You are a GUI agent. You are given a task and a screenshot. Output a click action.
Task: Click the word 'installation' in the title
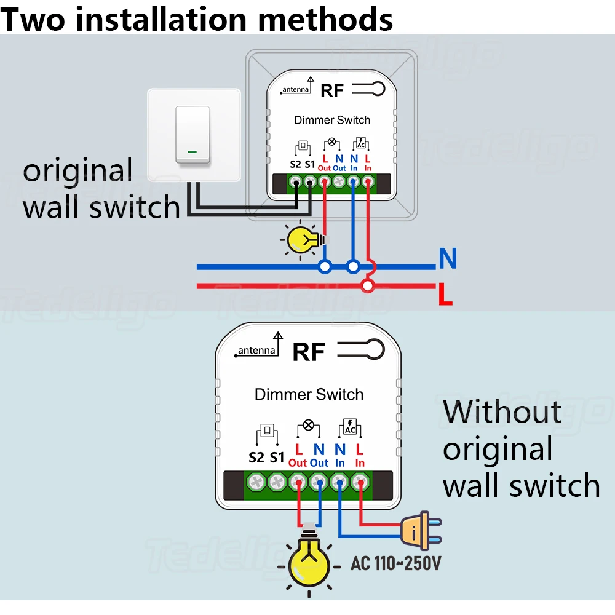pos(161,19)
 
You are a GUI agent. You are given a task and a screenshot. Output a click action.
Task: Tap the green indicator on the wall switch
pos(192,152)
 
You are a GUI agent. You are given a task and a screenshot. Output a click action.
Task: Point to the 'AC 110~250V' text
pos(395,563)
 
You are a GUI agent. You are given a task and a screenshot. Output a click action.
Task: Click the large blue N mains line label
pos(448,258)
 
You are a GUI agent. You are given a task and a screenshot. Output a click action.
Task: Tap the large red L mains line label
pos(445,294)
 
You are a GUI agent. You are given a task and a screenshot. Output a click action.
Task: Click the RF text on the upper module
pos(332,90)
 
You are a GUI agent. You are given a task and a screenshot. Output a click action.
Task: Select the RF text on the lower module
pos(309,352)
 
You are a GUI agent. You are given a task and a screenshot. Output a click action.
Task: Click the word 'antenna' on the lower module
pos(256,351)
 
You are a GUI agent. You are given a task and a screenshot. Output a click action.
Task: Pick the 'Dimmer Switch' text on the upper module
pos(332,120)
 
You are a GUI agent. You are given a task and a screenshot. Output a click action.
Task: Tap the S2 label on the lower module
pos(256,458)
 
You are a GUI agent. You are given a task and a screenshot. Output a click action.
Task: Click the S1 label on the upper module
pos(310,164)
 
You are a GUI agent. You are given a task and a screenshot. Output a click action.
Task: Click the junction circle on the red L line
pos(368,286)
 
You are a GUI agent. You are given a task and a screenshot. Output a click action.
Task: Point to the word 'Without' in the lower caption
pos(502,412)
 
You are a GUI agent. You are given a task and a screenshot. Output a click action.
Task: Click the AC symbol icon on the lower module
pos(350,428)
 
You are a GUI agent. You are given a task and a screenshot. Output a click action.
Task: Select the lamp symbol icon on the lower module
pos(308,428)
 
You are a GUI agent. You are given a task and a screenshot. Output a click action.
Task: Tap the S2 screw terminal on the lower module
pos(256,482)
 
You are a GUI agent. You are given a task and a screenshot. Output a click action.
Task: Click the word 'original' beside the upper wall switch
pos(77,171)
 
